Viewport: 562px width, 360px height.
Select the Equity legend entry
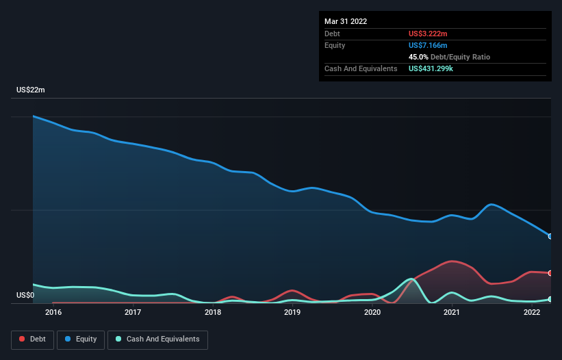(x=80, y=339)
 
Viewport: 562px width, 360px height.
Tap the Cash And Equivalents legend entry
(x=157, y=339)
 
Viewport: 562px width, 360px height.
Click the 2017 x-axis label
(x=133, y=313)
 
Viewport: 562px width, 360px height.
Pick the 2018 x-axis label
(x=213, y=313)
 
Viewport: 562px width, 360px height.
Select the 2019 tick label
(x=292, y=313)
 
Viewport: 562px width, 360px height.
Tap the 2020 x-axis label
(x=372, y=313)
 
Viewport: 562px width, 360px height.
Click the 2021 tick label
(x=452, y=313)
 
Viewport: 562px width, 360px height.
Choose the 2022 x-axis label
(x=532, y=313)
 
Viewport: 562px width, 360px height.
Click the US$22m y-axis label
(x=31, y=90)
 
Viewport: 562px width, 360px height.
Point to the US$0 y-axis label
(x=25, y=295)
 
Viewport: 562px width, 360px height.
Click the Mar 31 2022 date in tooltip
(x=346, y=21)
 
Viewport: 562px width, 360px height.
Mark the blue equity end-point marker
(x=550, y=236)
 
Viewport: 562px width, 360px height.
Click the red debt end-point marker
(x=550, y=273)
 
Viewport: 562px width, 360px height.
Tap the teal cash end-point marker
(x=550, y=299)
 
